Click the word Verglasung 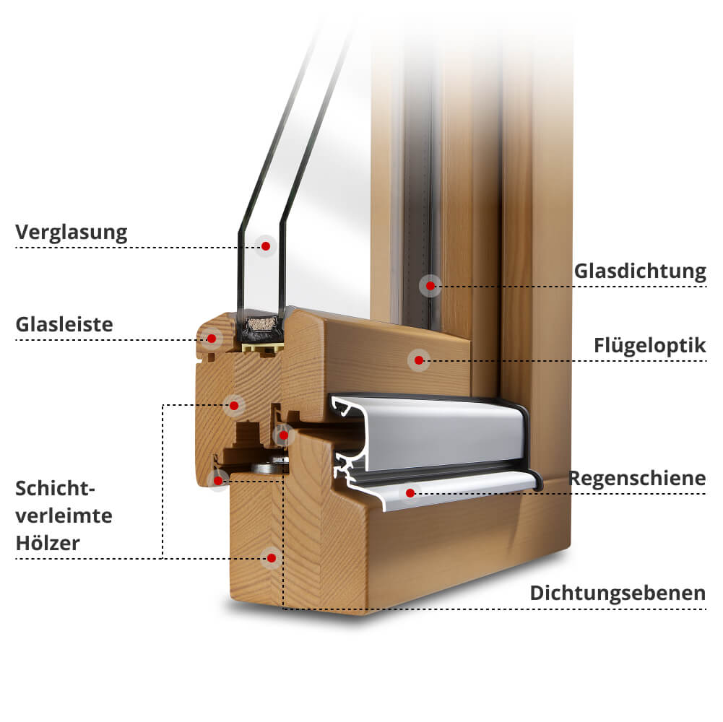[x=71, y=232]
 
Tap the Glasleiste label [x=64, y=325]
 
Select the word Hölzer [x=48, y=543]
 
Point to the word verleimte [x=64, y=516]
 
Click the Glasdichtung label [x=640, y=271]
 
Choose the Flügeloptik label [x=649, y=346]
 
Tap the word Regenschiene [x=637, y=479]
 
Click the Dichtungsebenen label [x=618, y=593]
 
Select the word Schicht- [x=55, y=488]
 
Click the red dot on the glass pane [x=266, y=246]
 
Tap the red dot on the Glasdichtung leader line [x=430, y=286]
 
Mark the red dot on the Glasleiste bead [x=212, y=339]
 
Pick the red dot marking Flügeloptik [x=419, y=360]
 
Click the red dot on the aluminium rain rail [x=410, y=493]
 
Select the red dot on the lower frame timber [x=272, y=558]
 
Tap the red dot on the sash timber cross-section [x=234, y=405]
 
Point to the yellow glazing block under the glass [x=263, y=347]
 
